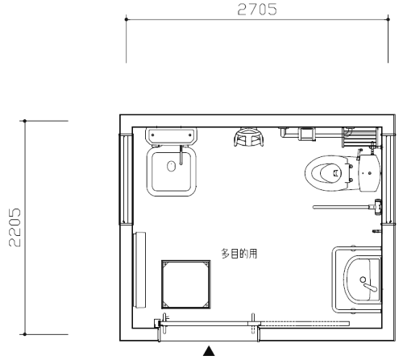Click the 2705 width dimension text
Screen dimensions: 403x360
pyautogui.click(x=257, y=9)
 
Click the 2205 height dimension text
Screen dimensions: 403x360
pyautogui.click(x=15, y=227)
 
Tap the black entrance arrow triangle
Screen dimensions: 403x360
pyautogui.click(x=209, y=351)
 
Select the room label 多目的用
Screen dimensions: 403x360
pyautogui.click(x=239, y=254)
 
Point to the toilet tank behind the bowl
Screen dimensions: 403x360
pyautogui.click(x=369, y=173)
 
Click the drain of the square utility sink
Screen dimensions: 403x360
pyautogui.click(x=171, y=166)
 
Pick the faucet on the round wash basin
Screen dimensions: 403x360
pyautogui.click(x=369, y=285)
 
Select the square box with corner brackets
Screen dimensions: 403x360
pyautogui.click(x=186, y=284)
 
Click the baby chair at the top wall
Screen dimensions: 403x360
pyautogui.click(x=248, y=137)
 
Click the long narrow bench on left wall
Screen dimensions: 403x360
pyautogui.click(x=139, y=270)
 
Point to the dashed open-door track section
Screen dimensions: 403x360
pyautogui.click(x=305, y=323)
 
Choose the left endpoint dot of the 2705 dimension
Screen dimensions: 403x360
pyautogui.click(x=127, y=19)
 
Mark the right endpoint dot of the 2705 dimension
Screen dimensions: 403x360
pyautogui.click(x=388, y=19)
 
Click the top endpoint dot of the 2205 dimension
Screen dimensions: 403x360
pyautogui.click(x=25, y=121)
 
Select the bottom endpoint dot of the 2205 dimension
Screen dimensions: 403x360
pyautogui.click(x=25, y=334)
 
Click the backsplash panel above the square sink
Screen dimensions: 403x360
pyautogui.click(x=171, y=135)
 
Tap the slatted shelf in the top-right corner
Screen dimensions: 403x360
pyautogui.click(x=360, y=137)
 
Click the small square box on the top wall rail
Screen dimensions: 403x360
pyautogui.click(x=306, y=134)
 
